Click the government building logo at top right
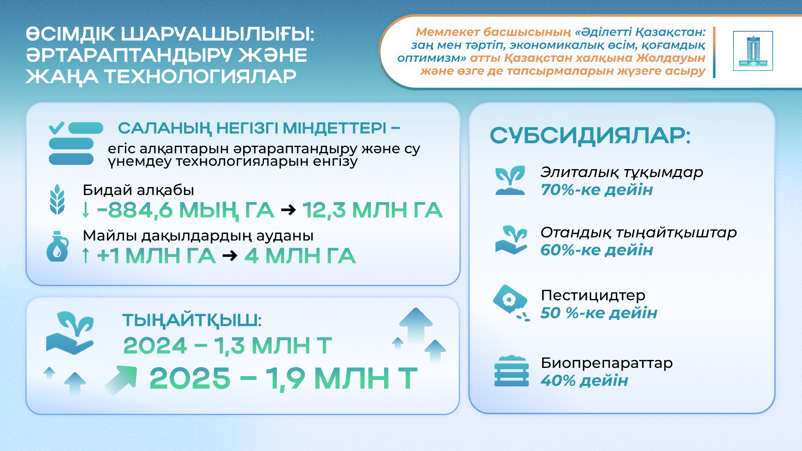pos(753,51)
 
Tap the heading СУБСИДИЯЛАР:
pos(590,136)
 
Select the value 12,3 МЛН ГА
pos(372,210)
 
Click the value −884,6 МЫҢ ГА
pos(185,210)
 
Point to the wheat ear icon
pos(57,199)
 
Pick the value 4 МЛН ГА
pos(300,256)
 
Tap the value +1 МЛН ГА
pos(156,256)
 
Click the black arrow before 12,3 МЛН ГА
pos(288,210)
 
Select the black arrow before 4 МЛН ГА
pos(230,255)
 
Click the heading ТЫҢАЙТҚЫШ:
pos(192,321)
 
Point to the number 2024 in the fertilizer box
pos(155,346)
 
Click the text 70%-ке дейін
pos(597,190)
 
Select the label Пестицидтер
pos(593,295)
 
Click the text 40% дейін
pos(584,380)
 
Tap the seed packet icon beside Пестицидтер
pos(511,303)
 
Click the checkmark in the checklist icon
pos(56,127)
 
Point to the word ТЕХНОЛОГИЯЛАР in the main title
pos(200,76)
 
